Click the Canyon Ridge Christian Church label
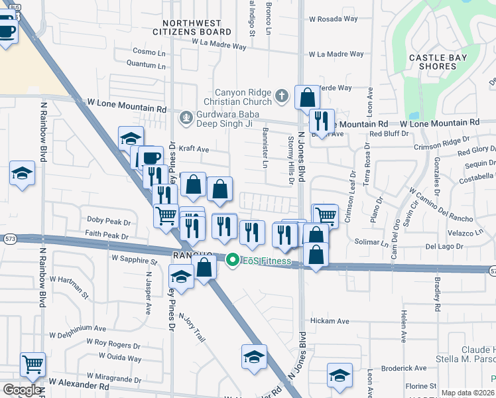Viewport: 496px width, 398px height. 243,97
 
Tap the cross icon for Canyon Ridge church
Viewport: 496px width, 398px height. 282,97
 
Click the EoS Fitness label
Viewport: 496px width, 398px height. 266,261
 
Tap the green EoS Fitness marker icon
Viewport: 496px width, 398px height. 232,260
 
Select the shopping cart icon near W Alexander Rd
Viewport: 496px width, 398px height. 32,365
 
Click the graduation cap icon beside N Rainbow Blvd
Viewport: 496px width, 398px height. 22,174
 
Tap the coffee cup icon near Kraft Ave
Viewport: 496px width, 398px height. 151,158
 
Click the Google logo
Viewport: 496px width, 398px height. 22,390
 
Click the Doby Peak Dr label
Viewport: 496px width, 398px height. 109,220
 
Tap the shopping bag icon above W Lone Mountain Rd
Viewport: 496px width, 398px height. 308,98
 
